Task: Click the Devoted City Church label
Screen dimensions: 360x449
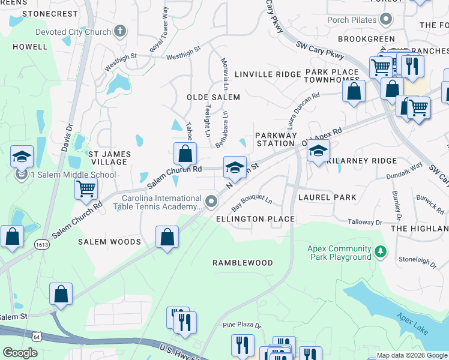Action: pos(73,32)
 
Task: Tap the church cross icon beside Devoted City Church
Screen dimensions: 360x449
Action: pos(119,32)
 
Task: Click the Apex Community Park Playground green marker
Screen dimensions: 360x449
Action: pos(379,250)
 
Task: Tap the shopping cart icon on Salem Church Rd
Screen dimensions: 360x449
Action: pos(86,188)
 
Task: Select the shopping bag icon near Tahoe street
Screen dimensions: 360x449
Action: pos(185,154)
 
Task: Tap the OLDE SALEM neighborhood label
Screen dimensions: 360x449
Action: pos(213,97)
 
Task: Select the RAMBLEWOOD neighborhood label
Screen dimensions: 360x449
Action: pos(243,263)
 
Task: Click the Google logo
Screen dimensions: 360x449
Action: pos(20,353)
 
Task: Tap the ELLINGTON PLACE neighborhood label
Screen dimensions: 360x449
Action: pos(255,219)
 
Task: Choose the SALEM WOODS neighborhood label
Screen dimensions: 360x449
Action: pos(109,242)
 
